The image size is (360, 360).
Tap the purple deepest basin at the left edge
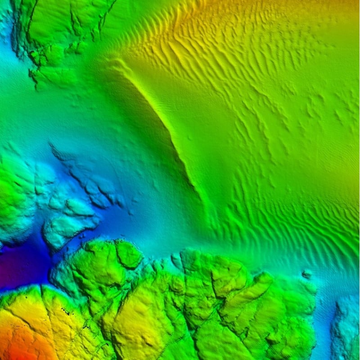18,265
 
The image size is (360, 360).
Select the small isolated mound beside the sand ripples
307,273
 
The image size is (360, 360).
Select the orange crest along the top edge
270,7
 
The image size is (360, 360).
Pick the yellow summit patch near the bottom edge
135,333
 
